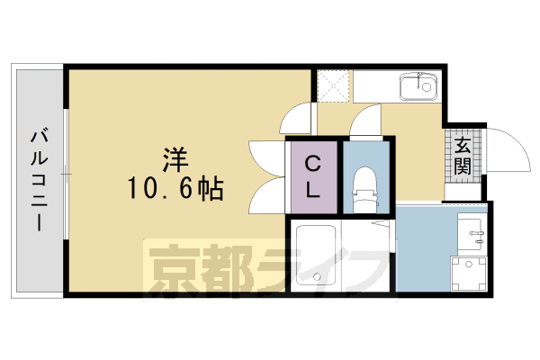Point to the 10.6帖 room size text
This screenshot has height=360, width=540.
175,189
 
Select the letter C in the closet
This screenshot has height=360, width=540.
313,164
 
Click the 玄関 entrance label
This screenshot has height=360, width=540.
463,155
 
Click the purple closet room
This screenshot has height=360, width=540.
313,176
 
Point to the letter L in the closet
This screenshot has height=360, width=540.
313,190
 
